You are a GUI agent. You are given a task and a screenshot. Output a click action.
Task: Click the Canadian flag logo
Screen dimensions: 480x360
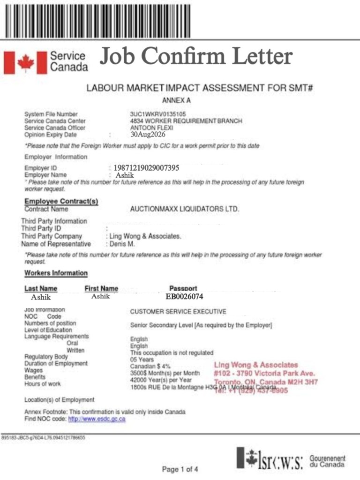click(19, 62)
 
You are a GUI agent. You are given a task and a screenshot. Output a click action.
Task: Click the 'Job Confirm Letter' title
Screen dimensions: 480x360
click(195, 57)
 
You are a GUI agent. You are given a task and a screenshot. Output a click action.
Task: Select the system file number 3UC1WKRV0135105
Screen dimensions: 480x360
click(158, 114)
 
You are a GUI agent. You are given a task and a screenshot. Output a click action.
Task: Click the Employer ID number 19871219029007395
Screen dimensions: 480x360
click(146, 168)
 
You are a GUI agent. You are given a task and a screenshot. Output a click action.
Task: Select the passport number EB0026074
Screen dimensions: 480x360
click(184, 296)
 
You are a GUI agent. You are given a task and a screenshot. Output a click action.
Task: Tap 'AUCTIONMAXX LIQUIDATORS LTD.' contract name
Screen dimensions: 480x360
click(185, 209)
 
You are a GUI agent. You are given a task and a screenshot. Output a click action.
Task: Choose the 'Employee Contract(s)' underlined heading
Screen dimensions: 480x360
click(61, 202)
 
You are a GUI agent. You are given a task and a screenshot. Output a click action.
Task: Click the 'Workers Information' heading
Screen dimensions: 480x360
click(56, 273)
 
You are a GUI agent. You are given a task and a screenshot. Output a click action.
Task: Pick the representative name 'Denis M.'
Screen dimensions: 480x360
click(122, 244)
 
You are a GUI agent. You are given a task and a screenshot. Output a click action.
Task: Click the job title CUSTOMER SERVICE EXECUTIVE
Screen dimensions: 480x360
click(178, 311)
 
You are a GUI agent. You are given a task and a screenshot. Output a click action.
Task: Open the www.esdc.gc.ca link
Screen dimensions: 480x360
click(97, 419)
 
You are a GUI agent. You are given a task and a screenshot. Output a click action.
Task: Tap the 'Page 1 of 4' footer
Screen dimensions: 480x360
click(180, 469)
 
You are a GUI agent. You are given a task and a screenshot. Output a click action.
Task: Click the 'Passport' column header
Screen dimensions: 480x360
click(183, 288)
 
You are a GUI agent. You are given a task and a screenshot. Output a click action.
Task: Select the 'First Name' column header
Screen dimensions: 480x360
click(101, 288)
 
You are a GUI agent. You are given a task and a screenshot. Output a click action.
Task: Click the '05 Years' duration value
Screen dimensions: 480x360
click(142, 360)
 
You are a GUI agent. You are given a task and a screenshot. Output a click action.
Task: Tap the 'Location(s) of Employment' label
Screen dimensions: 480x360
click(59, 400)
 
